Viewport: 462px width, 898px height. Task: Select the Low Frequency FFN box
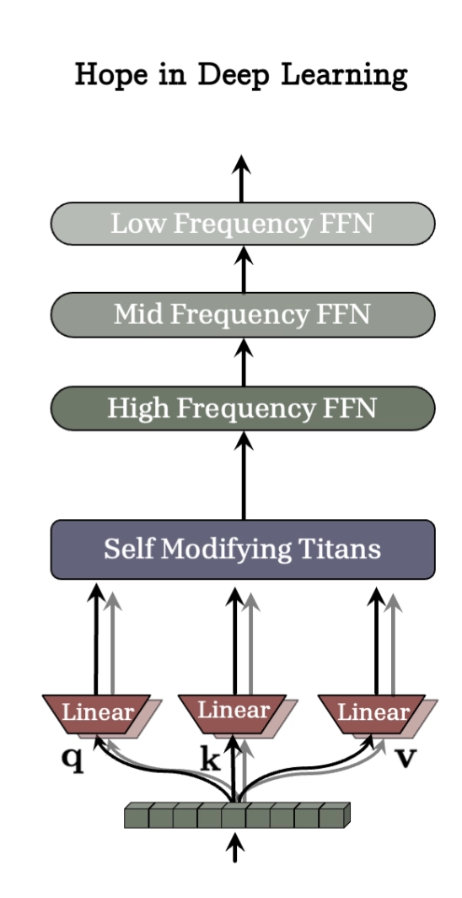click(x=243, y=224)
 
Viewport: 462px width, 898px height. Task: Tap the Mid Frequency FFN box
click(x=243, y=315)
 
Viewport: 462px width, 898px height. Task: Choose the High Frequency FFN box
click(x=243, y=408)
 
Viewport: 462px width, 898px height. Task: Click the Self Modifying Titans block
click(x=243, y=549)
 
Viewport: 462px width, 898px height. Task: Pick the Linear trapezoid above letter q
click(x=97, y=714)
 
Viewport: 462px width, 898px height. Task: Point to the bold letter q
click(x=73, y=760)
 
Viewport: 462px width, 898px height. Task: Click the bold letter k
click(x=211, y=760)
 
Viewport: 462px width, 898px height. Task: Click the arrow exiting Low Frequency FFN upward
click(x=241, y=179)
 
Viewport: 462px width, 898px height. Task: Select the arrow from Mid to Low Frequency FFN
click(x=244, y=269)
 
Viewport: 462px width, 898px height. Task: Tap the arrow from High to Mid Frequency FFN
click(x=244, y=362)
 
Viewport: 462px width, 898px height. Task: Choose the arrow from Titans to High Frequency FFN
click(x=244, y=476)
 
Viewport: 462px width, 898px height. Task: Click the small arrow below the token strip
click(x=234, y=847)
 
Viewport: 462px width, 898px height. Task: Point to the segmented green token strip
click(x=237, y=815)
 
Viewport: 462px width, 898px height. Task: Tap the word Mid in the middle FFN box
click(x=137, y=315)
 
